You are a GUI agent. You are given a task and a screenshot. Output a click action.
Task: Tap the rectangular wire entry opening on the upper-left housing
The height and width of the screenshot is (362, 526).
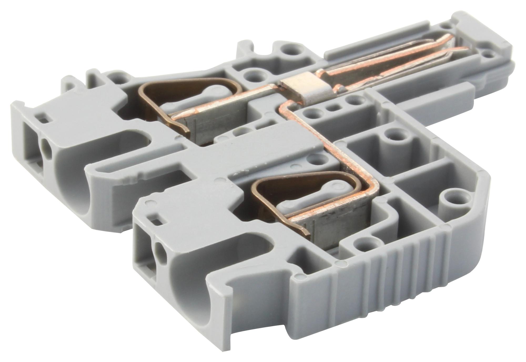(31, 147)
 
